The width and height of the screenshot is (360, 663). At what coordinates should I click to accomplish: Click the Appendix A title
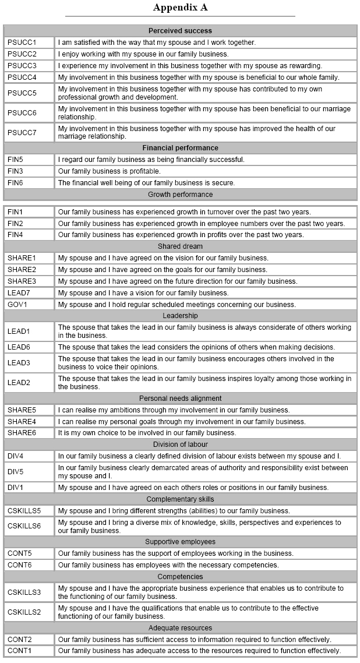coord(180,8)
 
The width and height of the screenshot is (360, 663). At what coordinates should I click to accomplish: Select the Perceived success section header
coord(180,31)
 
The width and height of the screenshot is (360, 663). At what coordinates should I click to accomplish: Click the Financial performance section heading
coord(180,148)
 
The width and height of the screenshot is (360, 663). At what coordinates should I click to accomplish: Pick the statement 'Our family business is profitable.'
coord(109,171)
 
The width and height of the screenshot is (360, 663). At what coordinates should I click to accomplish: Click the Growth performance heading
coord(180,195)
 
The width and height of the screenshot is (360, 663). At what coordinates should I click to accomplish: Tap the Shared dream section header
coord(180,246)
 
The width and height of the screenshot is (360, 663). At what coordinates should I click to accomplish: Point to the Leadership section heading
coord(180,316)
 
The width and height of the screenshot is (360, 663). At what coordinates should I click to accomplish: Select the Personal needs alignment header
coord(180,398)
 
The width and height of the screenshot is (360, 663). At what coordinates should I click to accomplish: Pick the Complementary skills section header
coord(180,499)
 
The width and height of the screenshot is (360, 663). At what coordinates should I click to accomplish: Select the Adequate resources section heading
coord(180,628)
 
